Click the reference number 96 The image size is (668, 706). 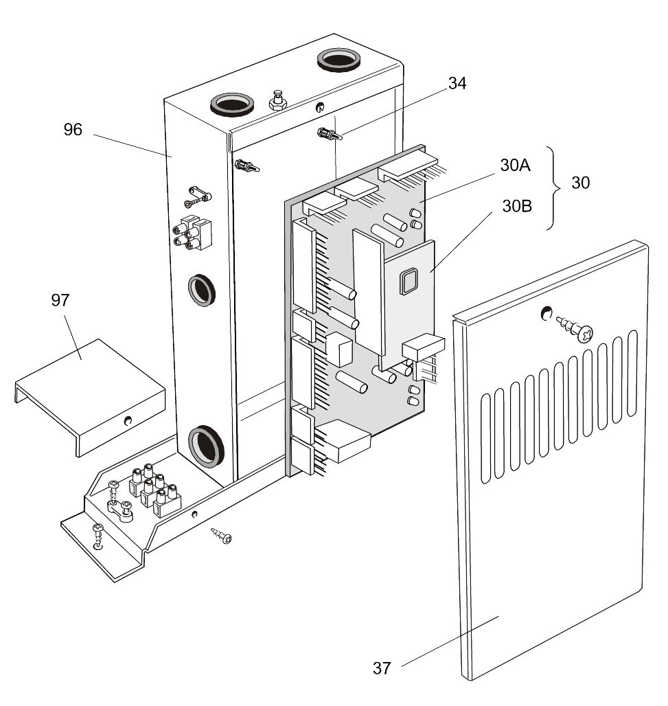pos(73,130)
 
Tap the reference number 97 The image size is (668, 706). pos(60,300)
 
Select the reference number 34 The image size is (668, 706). pos(457,83)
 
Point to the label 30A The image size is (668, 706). pos(516,166)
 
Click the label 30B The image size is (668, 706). pos(517,206)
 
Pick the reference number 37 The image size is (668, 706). pos(382,668)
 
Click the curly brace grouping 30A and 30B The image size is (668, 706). pos(555,187)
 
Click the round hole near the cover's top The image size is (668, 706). pos(546,312)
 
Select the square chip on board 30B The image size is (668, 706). pos(408,282)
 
